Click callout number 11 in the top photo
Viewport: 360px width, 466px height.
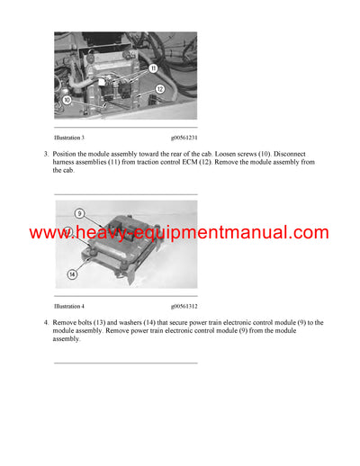click(153, 68)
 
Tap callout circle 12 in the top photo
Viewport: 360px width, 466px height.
click(158, 89)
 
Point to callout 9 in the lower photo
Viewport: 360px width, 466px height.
click(79, 214)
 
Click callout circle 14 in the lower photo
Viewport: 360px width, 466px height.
click(72, 273)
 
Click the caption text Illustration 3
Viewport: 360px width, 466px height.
click(69, 138)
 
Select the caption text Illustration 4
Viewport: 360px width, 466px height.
click(69, 307)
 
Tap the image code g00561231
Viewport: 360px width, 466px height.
click(184, 138)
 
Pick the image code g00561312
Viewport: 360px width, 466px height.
click(184, 307)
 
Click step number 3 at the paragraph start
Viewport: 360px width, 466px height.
click(45, 154)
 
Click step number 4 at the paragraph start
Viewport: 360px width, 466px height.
click(45, 322)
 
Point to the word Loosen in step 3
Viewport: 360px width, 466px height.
click(234, 154)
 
